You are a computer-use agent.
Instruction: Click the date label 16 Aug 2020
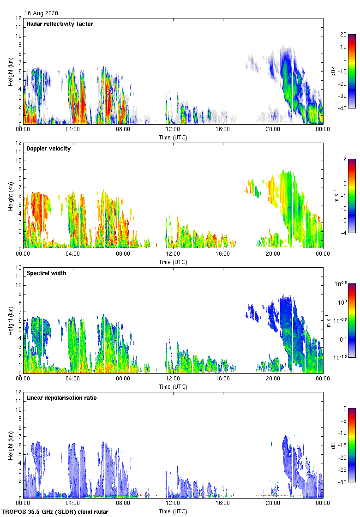pyautogui.click(x=42, y=13)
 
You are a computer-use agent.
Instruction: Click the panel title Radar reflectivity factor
pyautogui.click(x=60, y=24)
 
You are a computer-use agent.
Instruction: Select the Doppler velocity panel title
pyautogui.click(x=48, y=149)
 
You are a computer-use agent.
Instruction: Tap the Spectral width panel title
pyautogui.click(x=46, y=273)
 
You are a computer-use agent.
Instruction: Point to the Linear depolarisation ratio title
pyautogui.click(x=61, y=398)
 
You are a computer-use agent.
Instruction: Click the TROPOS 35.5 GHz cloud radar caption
pyautogui.click(x=55, y=512)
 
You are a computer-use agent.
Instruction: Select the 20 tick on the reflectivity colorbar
pyautogui.click(x=343, y=35)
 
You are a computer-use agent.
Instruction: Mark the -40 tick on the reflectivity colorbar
pyautogui.click(x=343, y=108)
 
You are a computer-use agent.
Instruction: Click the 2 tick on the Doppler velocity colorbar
pyautogui.click(x=346, y=159)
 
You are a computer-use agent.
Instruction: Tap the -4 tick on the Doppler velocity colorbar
pyautogui.click(x=344, y=233)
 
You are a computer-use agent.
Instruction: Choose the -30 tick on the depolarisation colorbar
pyautogui.click(x=343, y=482)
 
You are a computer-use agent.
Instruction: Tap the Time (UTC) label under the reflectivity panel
pyautogui.click(x=173, y=137)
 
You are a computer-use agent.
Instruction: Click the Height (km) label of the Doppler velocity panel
pyautogui.click(x=11, y=196)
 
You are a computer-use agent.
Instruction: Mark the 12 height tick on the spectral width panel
pyautogui.click(x=18, y=268)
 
